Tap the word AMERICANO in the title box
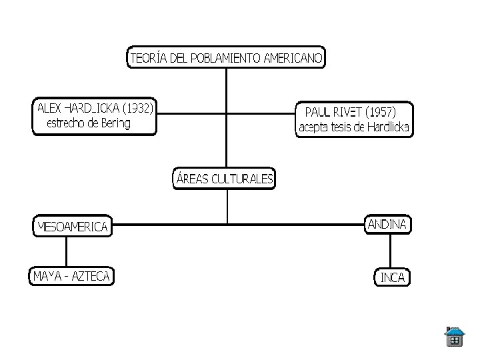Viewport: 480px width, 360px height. point(291,58)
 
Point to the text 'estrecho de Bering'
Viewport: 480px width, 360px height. point(89,123)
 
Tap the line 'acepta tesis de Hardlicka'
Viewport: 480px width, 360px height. point(355,127)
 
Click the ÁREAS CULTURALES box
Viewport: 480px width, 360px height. point(225,179)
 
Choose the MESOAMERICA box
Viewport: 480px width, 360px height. point(73,227)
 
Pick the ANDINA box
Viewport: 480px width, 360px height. point(387,224)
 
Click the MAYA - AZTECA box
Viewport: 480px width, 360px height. point(71,275)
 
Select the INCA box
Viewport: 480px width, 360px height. point(392,277)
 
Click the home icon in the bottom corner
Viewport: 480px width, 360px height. point(454,337)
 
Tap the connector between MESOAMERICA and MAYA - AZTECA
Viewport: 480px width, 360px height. point(67,252)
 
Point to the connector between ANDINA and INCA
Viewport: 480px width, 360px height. point(391,251)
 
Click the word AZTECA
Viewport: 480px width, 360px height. point(92,275)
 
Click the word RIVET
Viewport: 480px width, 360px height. point(347,111)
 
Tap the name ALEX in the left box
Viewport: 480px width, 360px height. point(49,107)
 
